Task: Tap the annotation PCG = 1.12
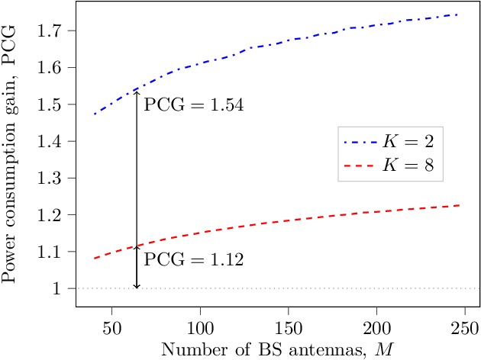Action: (x=194, y=261)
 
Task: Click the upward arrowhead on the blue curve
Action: (x=137, y=91)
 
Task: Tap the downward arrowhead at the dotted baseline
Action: (x=137, y=286)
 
